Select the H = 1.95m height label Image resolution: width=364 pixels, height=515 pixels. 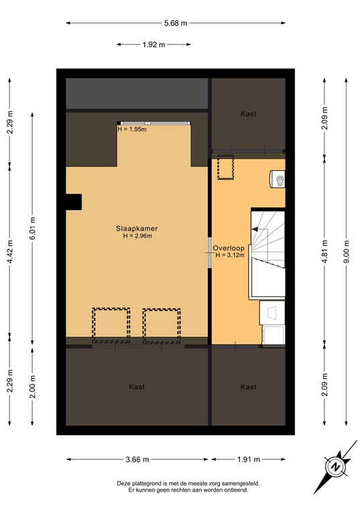(131, 129)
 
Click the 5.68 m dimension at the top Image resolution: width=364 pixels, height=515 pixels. (176, 23)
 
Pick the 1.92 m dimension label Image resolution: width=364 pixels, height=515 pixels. (154, 45)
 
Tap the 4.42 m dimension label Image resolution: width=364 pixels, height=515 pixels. (9, 253)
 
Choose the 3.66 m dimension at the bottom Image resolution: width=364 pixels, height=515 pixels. (136, 459)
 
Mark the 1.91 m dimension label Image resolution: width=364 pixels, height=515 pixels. (249, 459)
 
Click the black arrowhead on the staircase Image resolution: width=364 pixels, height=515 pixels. (255, 229)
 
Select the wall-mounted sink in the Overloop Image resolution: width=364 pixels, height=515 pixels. (278, 179)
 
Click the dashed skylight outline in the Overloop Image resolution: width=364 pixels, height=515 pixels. (225, 168)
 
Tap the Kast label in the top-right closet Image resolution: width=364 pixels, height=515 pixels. (248, 114)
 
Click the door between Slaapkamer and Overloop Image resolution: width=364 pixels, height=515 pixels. (210, 252)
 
